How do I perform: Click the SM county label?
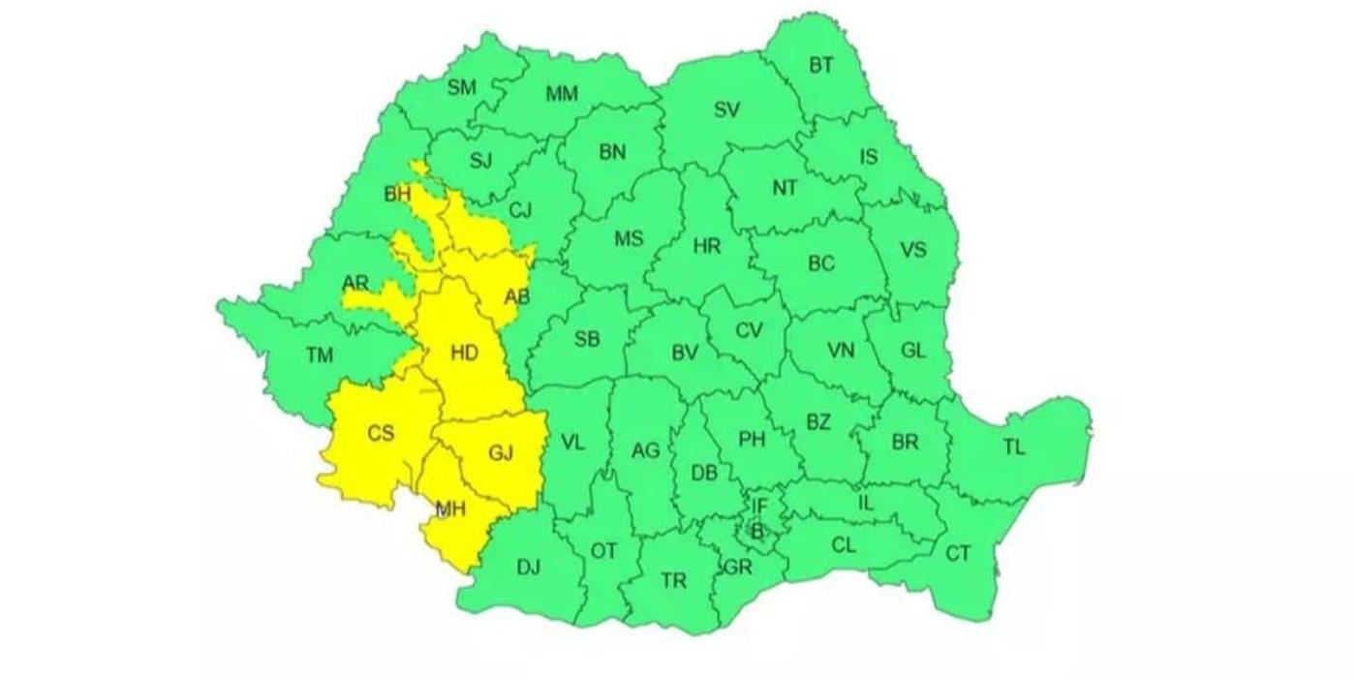[462, 87]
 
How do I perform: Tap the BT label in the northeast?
[820, 65]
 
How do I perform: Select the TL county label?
[1013, 447]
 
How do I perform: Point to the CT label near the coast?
[957, 554]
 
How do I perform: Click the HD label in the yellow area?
[465, 354]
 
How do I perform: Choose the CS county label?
[381, 433]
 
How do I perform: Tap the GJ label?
[500, 451]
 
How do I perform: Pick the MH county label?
[449, 508]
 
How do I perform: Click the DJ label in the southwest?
[528, 568]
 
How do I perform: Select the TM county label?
[320, 355]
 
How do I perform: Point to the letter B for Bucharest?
[757, 530]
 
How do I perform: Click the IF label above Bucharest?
[759, 506]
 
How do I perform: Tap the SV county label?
[726, 109]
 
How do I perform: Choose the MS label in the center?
[629, 239]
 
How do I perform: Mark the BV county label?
[685, 354]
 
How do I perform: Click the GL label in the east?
[913, 351]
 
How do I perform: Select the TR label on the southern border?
[673, 581]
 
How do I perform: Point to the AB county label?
[517, 297]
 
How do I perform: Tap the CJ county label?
[521, 210]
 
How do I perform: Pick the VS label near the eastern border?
[913, 250]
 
